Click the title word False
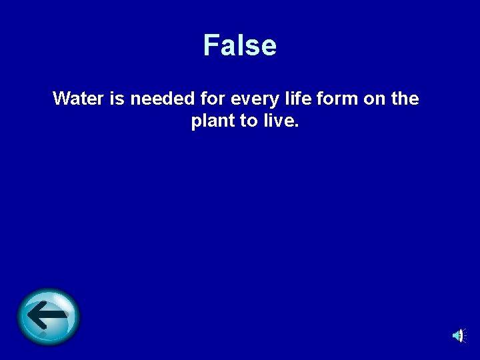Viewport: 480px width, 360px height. pyautogui.click(x=240, y=45)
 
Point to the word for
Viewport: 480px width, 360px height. pyautogui.click(x=211, y=99)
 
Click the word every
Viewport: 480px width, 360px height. pyautogui.click(x=251, y=99)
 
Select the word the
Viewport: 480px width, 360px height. pyautogui.click(x=405, y=99)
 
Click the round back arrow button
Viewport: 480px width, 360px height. pyautogui.click(x=49, y=317)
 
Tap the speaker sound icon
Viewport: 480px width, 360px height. pyautogui.click(x=459, y=335)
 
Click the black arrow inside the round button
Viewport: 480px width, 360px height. pyautogui.click(x=49, y=315)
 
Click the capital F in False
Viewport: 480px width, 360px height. pyautogui.click(x=211, y=45)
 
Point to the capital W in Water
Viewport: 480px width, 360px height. pyautogui.click(x=62, y=99)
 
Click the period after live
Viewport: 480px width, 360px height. pyautogui.click(x=299, y=127)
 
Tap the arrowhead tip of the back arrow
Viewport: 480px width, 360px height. pyautogui.click(x=32, y=315)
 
